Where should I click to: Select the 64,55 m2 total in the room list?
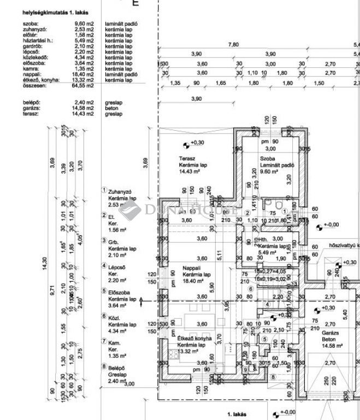(85, 86)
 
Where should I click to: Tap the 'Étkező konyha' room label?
(191, 339)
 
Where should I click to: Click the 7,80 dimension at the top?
(233, 44)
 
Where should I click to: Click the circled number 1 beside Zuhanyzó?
(103, 190)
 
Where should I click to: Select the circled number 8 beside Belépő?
(103, 367)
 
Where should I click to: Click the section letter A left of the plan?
(141, 300)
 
